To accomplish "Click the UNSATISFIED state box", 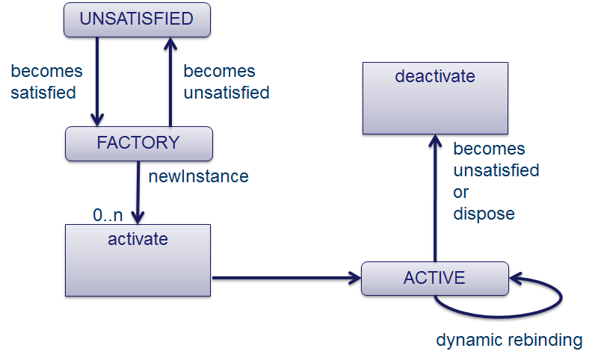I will tap(136, 19).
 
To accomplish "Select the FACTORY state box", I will tap(138, 143).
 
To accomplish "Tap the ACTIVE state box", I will tap(434, 279).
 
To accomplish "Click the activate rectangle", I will tap(138, 260).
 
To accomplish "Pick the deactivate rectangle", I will tap(434, 98).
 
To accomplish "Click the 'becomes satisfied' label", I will tap(46, 82).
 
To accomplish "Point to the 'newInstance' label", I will tap(198, 177).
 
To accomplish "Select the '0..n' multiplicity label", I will tap(108, 215).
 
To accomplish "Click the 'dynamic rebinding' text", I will tap(509, 340).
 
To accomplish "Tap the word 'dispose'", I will tap(484, 214).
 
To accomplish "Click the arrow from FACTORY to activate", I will tap(138, 191).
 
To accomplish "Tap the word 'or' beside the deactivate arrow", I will tap(461, 192).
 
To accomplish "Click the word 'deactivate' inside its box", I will tap(434, 76).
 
